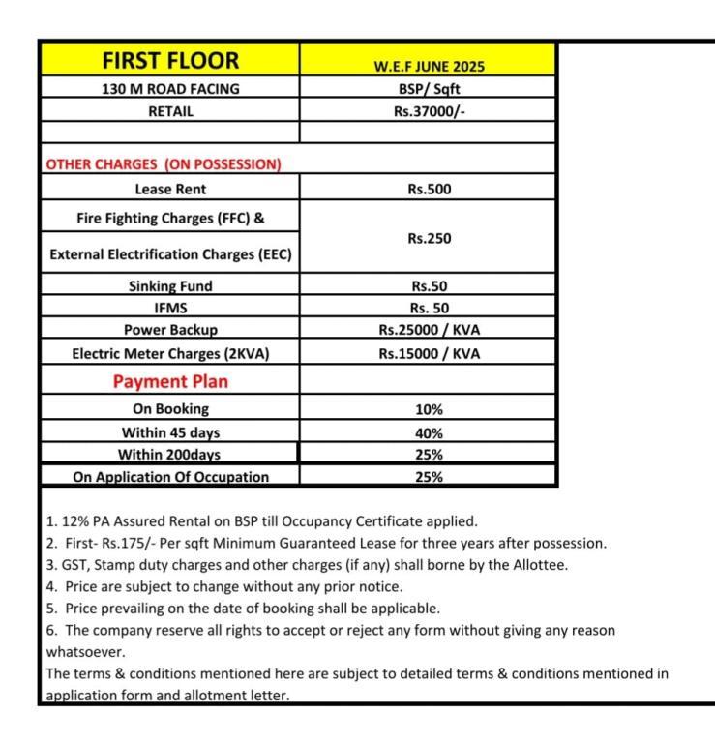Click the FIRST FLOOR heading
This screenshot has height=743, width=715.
pyautogui.click(x=170, y=61)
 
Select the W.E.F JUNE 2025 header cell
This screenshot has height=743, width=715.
pyautogui.click(x=429, y=67)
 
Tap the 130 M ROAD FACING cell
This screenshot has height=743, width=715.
pyautogui.click(x=170, y=89)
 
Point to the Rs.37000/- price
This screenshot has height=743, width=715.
pyautogui.click(x=429, y=111)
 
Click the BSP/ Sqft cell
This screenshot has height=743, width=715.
pyautogui.click(x=429, y=89)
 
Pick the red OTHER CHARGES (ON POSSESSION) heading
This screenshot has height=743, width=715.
pyautogui.click(x=164, y=163)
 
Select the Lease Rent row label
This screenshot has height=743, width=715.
pyautogui.click(x=170, y=190)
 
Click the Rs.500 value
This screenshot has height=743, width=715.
pyautogui.click(x=429, y=190)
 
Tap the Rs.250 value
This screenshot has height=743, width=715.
pyautogui.click(x=429, y=238)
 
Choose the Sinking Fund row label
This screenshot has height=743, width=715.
pyautogui.click(x=170, y=286)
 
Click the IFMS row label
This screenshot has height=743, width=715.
pyautogui.click(x=170, y=308)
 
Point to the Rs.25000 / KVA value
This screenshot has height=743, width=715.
pyautogui.click(x=429, y=330)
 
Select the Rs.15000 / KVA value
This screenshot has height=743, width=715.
pyautogui.click(x=429, y=353)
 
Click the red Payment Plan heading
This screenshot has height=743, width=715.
pyautogui.click(x=170, y=381)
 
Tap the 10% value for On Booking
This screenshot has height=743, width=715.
pyautogui.click(x=429, y=409)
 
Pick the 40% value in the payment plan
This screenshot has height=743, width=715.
pyautogui.click(x=429, y=432)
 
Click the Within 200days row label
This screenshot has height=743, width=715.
pyautogui.click(x=169, y=455)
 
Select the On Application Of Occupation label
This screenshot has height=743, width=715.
pyautogui.click(x=170, y=477)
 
